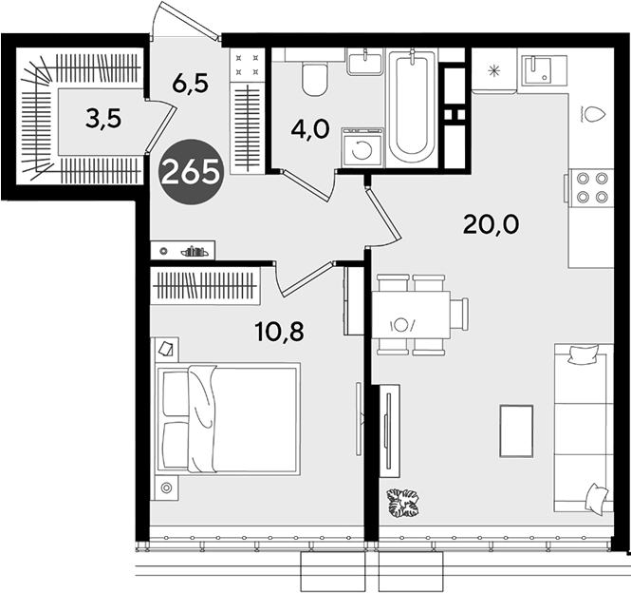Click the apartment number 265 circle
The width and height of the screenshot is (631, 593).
[x=191, y=172]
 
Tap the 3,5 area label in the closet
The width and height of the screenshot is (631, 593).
[x=103, y=120]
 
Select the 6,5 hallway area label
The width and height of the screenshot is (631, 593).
[x=190, y=85]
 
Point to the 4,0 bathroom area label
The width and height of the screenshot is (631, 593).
[x=310, y=130]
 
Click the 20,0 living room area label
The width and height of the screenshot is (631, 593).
[x=491, y=225]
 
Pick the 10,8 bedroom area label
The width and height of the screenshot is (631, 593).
[x=279, y=333]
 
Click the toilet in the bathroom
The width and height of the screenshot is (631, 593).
[x=315, y=79]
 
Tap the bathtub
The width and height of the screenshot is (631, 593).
[x=412, y=107]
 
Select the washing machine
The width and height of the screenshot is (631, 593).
[x=362, y=147]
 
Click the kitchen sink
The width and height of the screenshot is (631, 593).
[x=537, y=70]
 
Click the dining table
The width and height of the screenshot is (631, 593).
[x=411, y=315]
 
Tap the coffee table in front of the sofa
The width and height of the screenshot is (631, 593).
[x=516, y=430]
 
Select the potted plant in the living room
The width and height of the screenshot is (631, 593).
[x=402, y=503]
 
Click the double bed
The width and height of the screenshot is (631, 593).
[x=228, y=419]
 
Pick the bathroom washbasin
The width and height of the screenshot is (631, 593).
[x=364, y=64]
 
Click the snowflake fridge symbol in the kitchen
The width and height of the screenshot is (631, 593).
[x=493, y=71]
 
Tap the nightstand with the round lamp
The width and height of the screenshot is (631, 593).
[x=165, y=488]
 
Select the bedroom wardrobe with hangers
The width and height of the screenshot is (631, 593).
[x=205, y=285]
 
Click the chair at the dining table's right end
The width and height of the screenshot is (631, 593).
[x=459, y=314]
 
